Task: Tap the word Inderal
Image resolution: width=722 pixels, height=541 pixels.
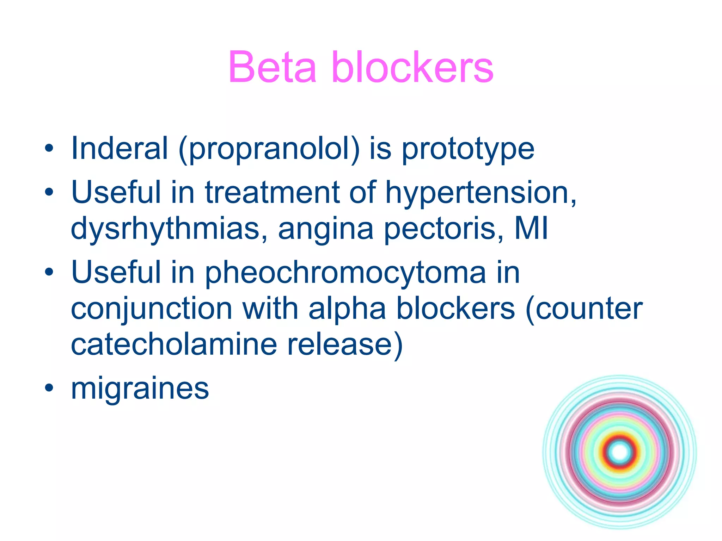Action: [119, 148]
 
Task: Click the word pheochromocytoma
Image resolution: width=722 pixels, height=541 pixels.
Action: [345, 273]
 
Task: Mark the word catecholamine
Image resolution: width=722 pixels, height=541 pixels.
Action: [174, 344]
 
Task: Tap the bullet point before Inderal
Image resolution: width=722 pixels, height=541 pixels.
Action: [49, 148]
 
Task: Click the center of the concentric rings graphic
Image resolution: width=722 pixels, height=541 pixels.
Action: [619, 452]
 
